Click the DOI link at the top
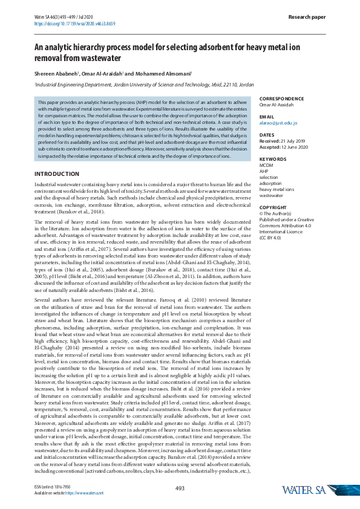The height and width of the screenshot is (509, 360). click(75, 24)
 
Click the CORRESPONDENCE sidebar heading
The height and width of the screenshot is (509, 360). click(282, 99)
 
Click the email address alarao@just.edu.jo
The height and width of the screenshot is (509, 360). click(278, 123)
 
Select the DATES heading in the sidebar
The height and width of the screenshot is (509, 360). click(267, 135)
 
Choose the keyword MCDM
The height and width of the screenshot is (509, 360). click(266, 165)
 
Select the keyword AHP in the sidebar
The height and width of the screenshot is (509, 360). click(264, 171)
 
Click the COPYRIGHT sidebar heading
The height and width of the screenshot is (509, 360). click(273, 207)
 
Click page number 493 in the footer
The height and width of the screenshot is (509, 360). click(180, 488)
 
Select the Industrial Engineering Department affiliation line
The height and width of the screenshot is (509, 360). click(144, 86)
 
